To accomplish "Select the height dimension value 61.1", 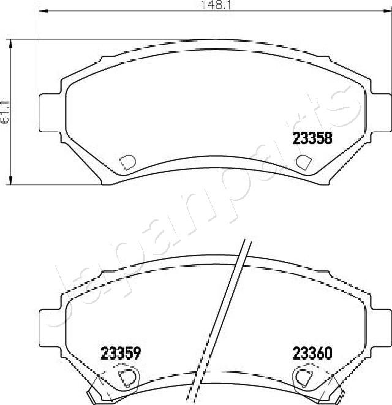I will pos(6,112).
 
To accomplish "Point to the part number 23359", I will pos(121,354).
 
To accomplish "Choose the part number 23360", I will pos(312,354).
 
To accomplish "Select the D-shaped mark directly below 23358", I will pos(303,162).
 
